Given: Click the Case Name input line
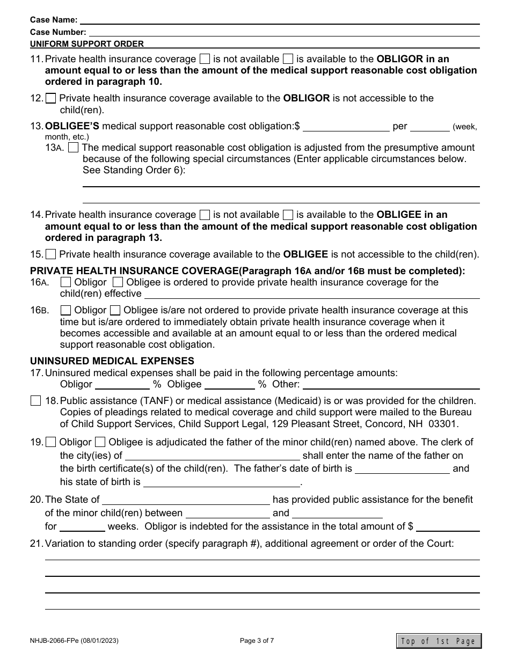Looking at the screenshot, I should pyautogui.click(x=279, y=20).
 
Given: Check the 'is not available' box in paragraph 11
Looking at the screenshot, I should pyautogui.click(x=205, y=59).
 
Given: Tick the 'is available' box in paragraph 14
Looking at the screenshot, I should pyautogui.click(x=288, y=215).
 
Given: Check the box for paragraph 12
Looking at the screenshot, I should pyautogui.click(x=51, y=98).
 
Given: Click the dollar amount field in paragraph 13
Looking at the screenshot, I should pyautogui.click(x=346, y=127).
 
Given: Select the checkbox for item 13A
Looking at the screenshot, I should pyautogui.click(x=75, y=147).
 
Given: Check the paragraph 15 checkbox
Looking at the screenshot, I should pyautogui.click(x=51, y=254).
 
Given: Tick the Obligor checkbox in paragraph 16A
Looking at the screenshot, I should pyautogui.click(x=65, y=282).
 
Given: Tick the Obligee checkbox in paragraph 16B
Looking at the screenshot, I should pyautogui.click(x=115, y=310).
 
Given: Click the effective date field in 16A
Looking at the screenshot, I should pyautogui.click(x=311, y=294).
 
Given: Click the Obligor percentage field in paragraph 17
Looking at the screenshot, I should pyautogui.click(x=122, y=384).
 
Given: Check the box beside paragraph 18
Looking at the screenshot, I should pyautogui.click(x=35, y=400).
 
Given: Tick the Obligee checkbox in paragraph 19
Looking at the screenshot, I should pyautogui.click(x=100, y=442).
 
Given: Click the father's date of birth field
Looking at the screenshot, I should pyautogui.click(x=402, y=468).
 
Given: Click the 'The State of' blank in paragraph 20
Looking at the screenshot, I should pyautogui.click(x=186, y=500).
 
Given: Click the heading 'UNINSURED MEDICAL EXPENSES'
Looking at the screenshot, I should pyautogui.click(x=112, y=361).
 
